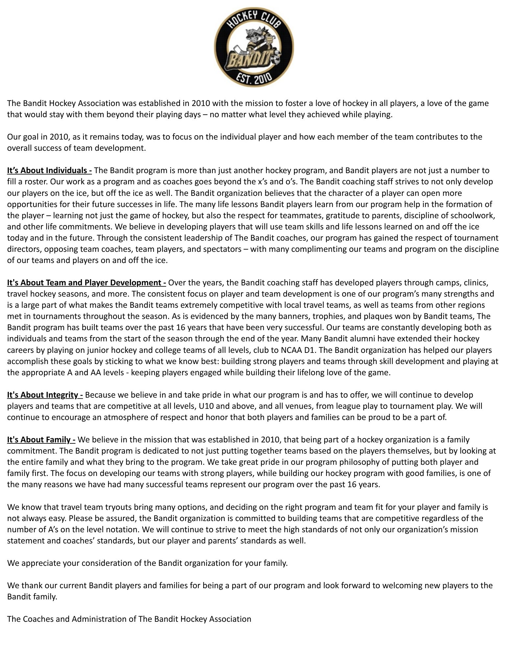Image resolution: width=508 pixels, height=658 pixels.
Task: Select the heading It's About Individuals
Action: [x=49, y=171]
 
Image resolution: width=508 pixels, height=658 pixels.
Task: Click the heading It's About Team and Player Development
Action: [x=86, y=283]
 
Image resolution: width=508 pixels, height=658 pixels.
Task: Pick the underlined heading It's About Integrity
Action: [x=45, y=395]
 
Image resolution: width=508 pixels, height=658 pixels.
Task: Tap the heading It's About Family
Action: [x=41, y=440]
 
